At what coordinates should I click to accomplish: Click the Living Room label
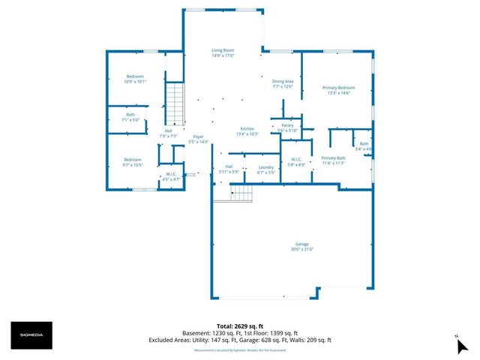(223, 52)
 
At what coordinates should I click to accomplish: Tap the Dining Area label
(282, 83)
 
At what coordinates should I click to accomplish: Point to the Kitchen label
(247, 130)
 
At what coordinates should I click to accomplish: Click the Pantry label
(288, 127)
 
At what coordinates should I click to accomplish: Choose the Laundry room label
(265, 169)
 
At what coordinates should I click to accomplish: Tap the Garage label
(301, 247)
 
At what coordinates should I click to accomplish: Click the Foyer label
(199, 139)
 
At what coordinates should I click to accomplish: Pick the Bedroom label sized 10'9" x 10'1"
(135, 79)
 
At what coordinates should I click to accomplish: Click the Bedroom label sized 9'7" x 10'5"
(133, 162)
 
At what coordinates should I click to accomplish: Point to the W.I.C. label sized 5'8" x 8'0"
(295, 162)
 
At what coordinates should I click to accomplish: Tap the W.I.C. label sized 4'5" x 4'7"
(171, 177)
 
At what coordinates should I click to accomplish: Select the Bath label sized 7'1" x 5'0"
(131, 117)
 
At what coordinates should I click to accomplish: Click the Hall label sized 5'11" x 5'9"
(229, 169)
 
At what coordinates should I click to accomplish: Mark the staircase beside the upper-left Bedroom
(174, 105)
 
